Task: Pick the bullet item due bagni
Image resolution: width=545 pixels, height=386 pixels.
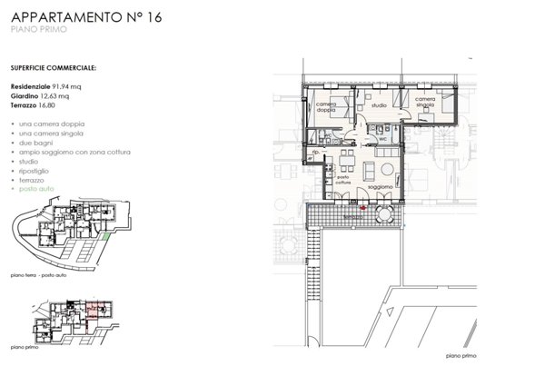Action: coord(34,144)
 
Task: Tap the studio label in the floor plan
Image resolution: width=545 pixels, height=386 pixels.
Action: coord(379,106)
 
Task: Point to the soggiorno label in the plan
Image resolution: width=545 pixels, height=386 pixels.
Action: coord(380,187)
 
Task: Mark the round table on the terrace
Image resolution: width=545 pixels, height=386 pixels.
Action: coord(384,215)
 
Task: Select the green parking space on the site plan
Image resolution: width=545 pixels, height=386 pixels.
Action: coord(105,237)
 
